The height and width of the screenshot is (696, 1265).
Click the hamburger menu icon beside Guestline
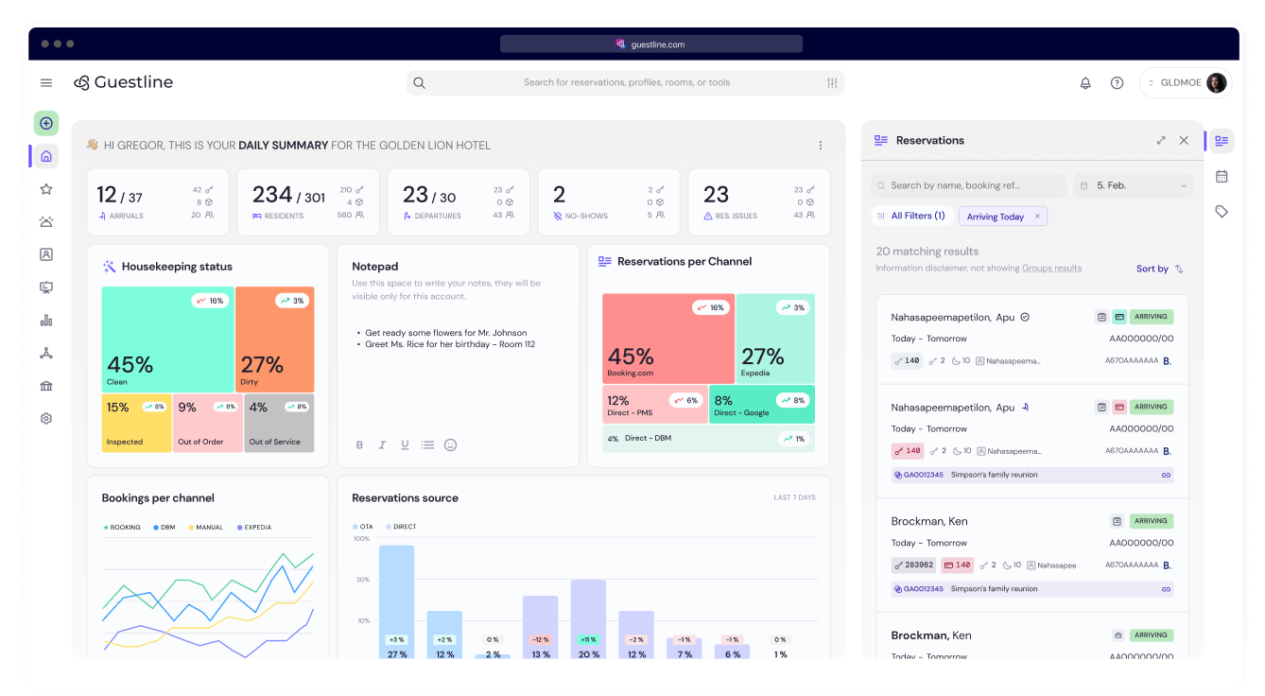[46, 83]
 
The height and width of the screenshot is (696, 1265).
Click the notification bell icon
[1085, 83]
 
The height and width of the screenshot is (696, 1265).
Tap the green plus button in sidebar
[46, 124]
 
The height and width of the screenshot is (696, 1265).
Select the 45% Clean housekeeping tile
[167, 339]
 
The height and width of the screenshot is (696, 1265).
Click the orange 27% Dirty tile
[274, 339]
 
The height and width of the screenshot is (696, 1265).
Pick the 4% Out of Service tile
[279, 423]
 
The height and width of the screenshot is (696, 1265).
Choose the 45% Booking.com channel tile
[667, 338]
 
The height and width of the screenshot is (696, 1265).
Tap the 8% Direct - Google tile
[762, 404]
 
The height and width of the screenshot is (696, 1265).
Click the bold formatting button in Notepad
[359, 444]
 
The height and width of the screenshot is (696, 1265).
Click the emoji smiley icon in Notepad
[450, 444]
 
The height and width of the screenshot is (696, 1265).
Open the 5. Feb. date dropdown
[1133, 186]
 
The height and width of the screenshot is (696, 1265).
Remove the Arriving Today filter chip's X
[1037, 217]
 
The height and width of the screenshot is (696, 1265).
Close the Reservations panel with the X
[1184, 140]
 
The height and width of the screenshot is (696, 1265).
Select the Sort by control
[1159, 269]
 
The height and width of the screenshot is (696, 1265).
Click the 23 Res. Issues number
[717, 195]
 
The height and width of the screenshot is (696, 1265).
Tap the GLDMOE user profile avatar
[1216, 83]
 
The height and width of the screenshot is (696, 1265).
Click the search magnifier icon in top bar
[420, 83]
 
